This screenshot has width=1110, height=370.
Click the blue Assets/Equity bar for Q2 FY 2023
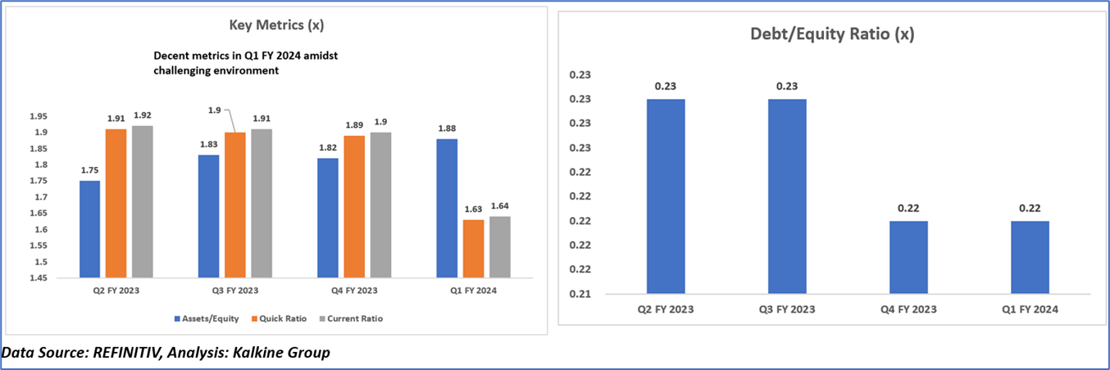[89, 229]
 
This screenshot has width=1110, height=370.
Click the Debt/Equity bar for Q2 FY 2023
[666, 196]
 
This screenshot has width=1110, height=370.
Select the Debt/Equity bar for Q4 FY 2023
[908, 257]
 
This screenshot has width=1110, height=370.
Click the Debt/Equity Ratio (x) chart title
[832, 34]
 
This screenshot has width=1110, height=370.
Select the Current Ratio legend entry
[353, 318]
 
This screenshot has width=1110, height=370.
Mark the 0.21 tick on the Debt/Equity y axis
[580, 294]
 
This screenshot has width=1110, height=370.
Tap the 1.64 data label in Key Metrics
[499, 205]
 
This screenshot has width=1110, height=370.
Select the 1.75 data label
[89, 169]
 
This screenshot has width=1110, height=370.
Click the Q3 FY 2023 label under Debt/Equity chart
[787, 309]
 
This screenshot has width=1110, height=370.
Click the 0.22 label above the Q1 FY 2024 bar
[1030, 208]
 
